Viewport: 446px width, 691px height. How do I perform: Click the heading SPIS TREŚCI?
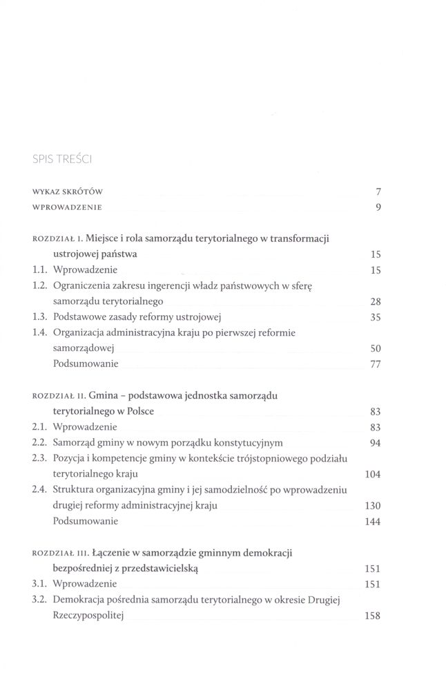63,161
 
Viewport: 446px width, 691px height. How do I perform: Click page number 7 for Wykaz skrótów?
379,191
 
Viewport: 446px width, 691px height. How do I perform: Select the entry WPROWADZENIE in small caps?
68,207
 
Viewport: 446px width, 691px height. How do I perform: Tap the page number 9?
379,207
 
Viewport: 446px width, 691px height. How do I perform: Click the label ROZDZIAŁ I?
57,238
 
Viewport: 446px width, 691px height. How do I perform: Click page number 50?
376,349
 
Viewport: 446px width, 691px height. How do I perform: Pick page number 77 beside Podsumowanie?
376,365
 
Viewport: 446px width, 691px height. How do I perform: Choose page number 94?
376,443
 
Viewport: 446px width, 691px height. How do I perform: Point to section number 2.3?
39,459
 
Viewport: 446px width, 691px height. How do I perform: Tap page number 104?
374,475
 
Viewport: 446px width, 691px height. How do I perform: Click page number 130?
374,506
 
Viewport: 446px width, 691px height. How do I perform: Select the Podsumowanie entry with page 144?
86,521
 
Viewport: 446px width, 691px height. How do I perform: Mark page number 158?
374,616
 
